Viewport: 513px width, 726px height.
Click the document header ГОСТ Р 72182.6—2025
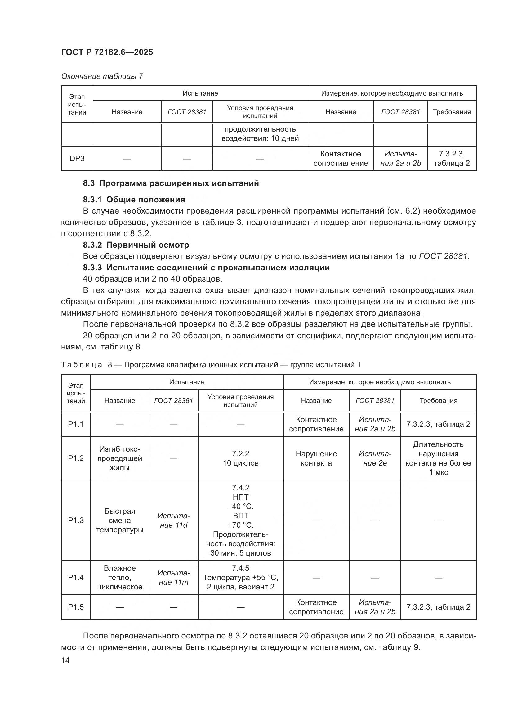pos(107,52)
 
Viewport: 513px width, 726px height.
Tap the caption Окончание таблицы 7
pos(102,76)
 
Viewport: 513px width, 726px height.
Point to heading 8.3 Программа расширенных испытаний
pos(171,183)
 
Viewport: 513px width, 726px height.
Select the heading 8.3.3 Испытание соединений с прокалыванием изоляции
pos(206,268)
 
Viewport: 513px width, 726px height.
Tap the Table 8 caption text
pos(210,365)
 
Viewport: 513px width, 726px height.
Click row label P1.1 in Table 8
pos(76,424)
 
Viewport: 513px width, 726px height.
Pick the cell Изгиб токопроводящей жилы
pos(120,458)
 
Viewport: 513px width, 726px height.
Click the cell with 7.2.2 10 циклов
pos(240,458)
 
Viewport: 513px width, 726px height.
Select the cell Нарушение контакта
pos(316,458)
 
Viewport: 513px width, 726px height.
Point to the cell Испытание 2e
pos(375,458)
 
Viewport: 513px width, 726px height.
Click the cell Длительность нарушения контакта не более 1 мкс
pos(438,458)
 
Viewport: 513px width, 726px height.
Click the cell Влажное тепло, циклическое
pos(120,577)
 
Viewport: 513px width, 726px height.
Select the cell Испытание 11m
pos(173,577)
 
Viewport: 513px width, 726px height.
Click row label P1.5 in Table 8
pos(76,607)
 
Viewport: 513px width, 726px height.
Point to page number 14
pos(65,660)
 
